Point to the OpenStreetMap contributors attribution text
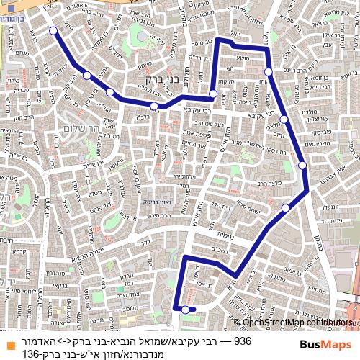[297, 323]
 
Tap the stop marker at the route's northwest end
[53, 30]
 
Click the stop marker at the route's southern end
[186, 310]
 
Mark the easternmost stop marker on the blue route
[302, 165]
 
